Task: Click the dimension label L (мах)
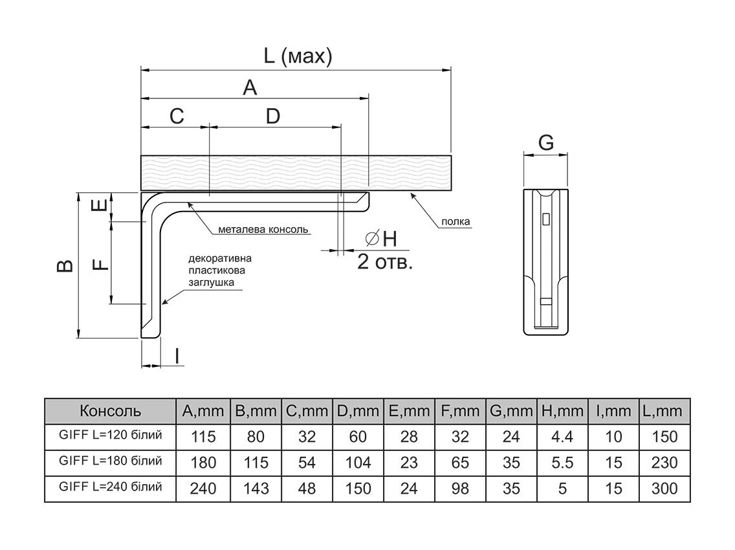[298, 56]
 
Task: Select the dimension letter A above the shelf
[250, 87]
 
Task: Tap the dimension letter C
[177, 116]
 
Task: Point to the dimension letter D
[273, 116]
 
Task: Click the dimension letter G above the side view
[546, 142]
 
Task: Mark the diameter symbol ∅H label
[382, 239]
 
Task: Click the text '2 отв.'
[385, 263]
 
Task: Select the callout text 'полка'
[455, 222]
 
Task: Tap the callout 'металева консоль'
[264, 229]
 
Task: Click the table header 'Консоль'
[109, 411]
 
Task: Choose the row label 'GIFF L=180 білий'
[109, 461]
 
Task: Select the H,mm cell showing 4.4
[562, 437]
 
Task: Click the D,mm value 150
[358, 489]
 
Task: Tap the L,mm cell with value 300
[664, 489]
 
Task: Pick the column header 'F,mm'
[460, 411]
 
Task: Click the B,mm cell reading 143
[256, 489]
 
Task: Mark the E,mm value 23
[409, 463]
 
